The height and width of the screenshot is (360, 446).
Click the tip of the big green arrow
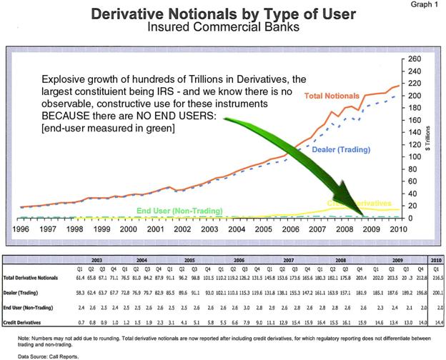point(362,215)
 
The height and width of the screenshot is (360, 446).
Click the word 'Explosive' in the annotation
point(65,79)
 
